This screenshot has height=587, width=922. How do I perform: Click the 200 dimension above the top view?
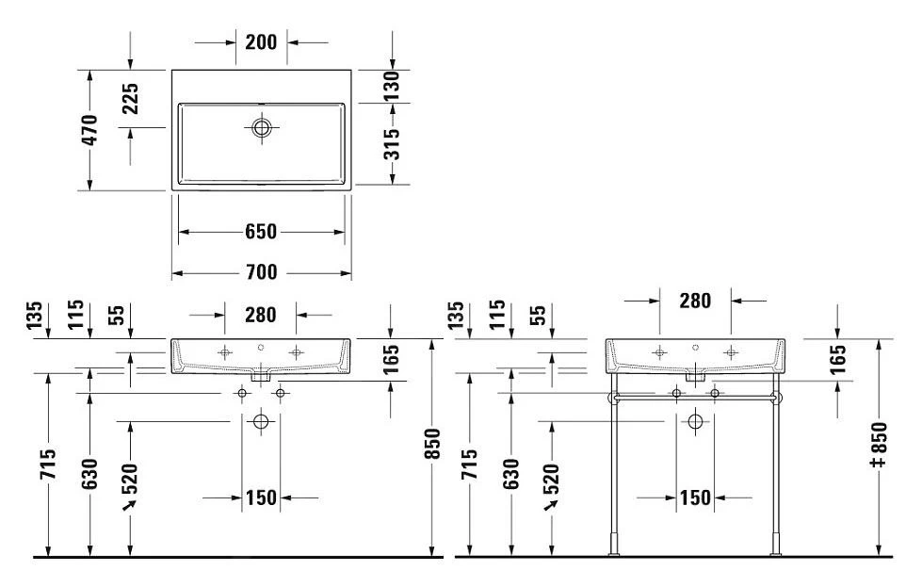pyautogui.click(x=261, y=42)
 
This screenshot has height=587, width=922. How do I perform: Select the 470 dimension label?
pyautogui.click(x=89, y=130)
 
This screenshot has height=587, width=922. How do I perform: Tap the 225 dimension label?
pyautogui.click(x=130, y=98)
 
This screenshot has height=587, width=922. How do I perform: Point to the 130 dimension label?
pyautogui.click(x=391, y=86)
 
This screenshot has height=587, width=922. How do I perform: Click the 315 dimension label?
pyautogui.click(x=391, y=145)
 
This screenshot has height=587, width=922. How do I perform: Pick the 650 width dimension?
pyautogui.click(x=261, y=232)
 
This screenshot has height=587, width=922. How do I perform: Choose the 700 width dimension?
pyautogui.click(x=261, y=272)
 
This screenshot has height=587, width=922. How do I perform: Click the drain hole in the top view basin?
pyautogui.click(x=261, y=127)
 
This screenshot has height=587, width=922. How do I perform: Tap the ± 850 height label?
pyautogui.click(x=879, y=445)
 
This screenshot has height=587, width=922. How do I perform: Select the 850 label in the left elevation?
pyautogui.click(x=432, y=444)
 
